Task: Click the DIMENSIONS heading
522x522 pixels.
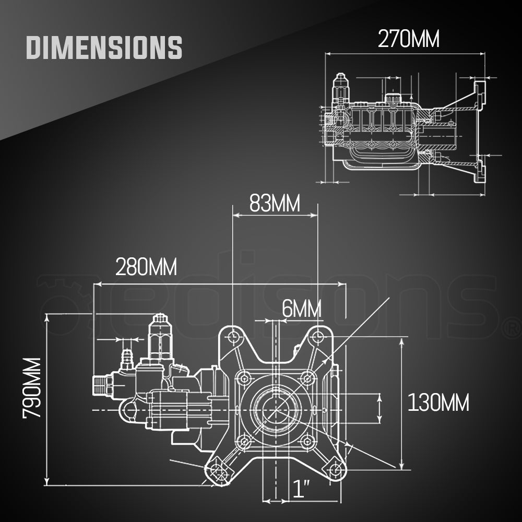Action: click(x=104, y=47)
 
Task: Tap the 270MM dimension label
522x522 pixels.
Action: click(x=409, y=39)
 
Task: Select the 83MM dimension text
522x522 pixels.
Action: click(x=275, y=203)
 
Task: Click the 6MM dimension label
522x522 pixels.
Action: click(x=301, y=309)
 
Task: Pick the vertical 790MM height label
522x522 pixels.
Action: click(x=32, y=387)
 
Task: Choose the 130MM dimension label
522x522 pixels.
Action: click(x=438, y=402)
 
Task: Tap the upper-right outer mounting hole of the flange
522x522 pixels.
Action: click(x=316, y=338)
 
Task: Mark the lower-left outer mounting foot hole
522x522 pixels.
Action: click(x=218, y=472)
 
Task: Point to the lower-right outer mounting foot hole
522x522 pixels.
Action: click(x=334, y=471)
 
